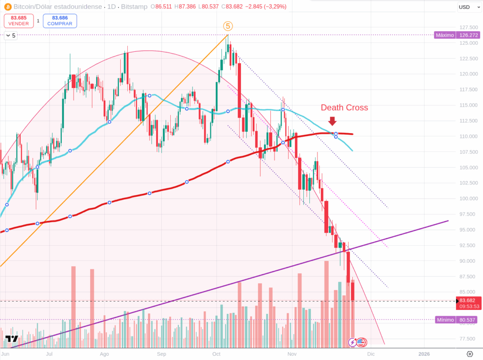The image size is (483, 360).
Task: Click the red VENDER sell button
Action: click(x=18, y=21)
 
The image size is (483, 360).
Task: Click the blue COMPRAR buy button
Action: click(x=59, y=21)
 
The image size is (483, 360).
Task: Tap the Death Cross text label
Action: click(x=344, y=108)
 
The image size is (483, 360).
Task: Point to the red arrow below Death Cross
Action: click(x=332, y=121)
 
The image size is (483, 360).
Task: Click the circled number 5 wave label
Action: click(x=227, y=26)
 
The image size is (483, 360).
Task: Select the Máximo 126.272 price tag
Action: click(x=457, y=35)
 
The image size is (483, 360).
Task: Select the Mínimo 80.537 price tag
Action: click(x=457, y=319)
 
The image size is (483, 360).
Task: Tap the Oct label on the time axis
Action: click(x=217, y=353)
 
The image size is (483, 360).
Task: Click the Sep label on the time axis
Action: click(x=161, y=353)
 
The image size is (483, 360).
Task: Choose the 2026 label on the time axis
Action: click(x=424, y=353)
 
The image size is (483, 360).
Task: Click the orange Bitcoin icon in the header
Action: click(x=8, y=7)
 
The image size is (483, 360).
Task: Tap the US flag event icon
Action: click(x=361, y=342)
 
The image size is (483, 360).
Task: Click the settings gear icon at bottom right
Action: click(x=470, y=354)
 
